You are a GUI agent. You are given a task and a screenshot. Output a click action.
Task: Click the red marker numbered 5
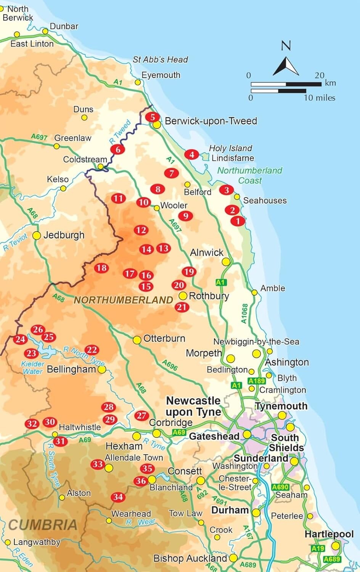point(153,117)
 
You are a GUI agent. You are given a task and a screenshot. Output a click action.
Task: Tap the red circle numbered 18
point(101,268)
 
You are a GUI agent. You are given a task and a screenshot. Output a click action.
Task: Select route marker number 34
point(118,497)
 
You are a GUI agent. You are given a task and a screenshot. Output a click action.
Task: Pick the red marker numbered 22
point(92,350)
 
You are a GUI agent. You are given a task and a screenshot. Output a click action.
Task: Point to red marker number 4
point(192,154)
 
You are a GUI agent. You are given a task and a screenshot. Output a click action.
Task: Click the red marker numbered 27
point(141,415)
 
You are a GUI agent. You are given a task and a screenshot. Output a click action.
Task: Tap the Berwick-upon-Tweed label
point(211,121)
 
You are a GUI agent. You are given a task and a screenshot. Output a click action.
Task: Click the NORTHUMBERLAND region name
point(123,300)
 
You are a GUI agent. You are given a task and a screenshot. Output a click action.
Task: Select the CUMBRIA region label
point(42,525)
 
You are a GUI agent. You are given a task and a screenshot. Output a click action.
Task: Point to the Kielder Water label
point(32,368)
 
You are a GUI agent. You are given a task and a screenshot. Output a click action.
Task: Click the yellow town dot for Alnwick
point(226,262)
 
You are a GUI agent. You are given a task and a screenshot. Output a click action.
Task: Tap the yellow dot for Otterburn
point(137,339)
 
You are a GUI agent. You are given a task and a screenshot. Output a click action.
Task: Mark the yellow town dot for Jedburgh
point(37,236)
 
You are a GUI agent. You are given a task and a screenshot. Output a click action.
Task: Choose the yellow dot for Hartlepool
point(336,546)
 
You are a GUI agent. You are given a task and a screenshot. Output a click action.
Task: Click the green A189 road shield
point(256,381)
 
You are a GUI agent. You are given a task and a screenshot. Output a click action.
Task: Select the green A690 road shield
point(280,487)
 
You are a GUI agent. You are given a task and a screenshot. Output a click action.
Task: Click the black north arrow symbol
point(286,66)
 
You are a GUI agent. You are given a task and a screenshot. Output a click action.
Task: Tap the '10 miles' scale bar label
point(320,98)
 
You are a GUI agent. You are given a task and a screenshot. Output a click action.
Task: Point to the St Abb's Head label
point(160,59)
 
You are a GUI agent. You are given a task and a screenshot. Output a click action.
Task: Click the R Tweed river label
point(120,132)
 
